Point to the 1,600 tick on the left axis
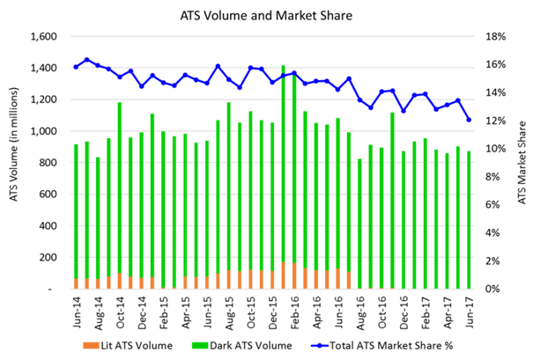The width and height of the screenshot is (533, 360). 43,37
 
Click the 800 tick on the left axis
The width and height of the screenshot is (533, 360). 48,163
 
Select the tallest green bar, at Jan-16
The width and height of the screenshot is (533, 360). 283,176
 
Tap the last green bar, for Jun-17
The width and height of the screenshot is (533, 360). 468,220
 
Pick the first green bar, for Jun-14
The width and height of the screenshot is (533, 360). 77,216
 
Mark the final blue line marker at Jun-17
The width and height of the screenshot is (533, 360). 468,120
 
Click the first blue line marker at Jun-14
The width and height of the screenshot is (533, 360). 77,67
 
